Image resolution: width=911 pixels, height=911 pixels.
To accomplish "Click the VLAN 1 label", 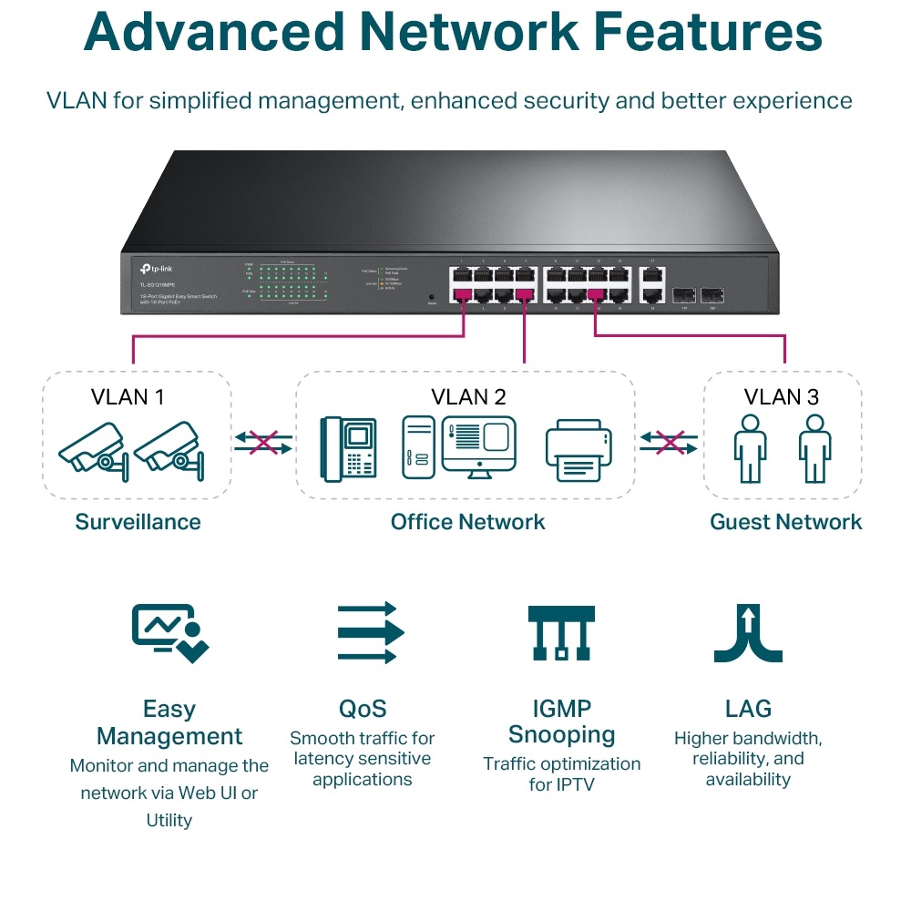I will pyautogui.click(x=128, y=396).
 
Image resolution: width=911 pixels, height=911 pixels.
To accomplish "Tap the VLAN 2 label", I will pyautogui.click(x=468, y=396).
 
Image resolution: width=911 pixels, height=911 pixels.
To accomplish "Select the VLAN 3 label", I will pyautogui.click(x=781, y=396).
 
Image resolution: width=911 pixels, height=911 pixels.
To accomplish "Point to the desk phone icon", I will pyautogui.click(x=349, y=449).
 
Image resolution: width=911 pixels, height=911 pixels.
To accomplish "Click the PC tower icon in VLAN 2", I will pyautogui.click(x=417, y=448).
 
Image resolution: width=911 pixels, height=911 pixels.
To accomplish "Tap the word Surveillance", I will pyautogui.click(x=138, y=522).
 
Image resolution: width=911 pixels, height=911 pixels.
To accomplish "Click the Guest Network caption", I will pyautogui.click(x=785, y=522).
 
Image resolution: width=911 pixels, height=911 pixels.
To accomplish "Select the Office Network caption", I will pyautogui.click(x=467, y=522).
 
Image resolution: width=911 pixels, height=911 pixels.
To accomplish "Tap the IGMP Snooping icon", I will pyautogui.click(x=560, y=632).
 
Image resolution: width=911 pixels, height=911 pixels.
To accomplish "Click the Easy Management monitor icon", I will pyautogui.click(x=169, y=632).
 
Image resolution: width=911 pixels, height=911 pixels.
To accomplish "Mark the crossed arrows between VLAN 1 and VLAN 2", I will pyautogui.click(x=263, y=443).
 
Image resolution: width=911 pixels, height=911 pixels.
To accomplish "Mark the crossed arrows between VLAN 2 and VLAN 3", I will pyautogui.click(x=670, y=443).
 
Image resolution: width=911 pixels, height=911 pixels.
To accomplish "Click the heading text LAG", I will pyautogui.click(x=748, y=709).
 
